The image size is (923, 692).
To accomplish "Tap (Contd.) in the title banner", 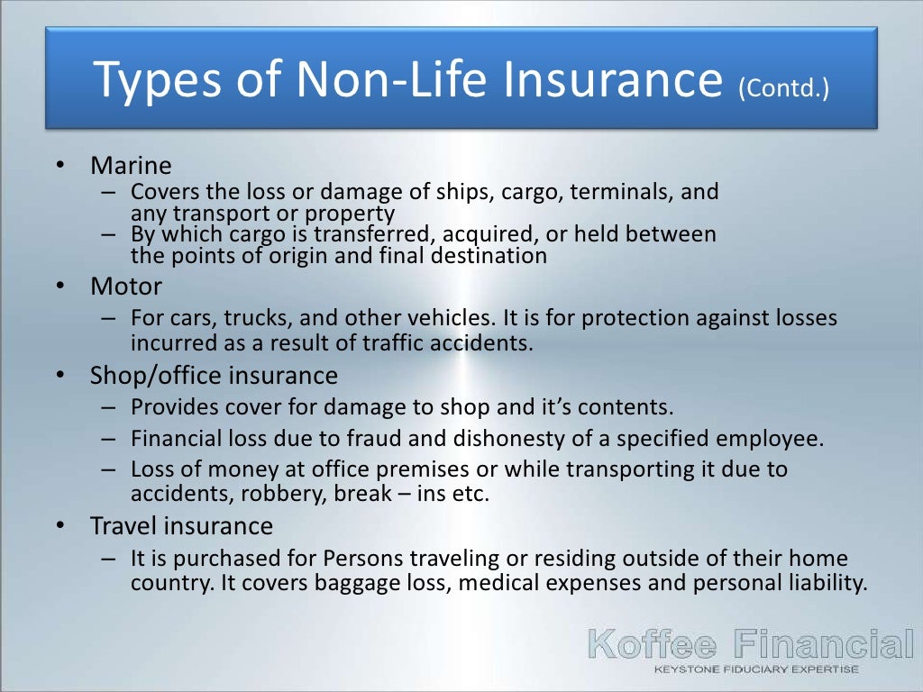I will (x=783, y=87).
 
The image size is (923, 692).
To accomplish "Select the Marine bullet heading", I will (x=131, y=166).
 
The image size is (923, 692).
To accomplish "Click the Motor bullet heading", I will (x=126, y=287).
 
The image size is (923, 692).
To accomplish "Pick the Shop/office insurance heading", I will (x=214, y=375).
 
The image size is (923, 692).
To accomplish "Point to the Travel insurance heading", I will (x=181, y=524).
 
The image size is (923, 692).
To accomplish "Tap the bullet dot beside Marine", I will (x=59, y=167).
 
